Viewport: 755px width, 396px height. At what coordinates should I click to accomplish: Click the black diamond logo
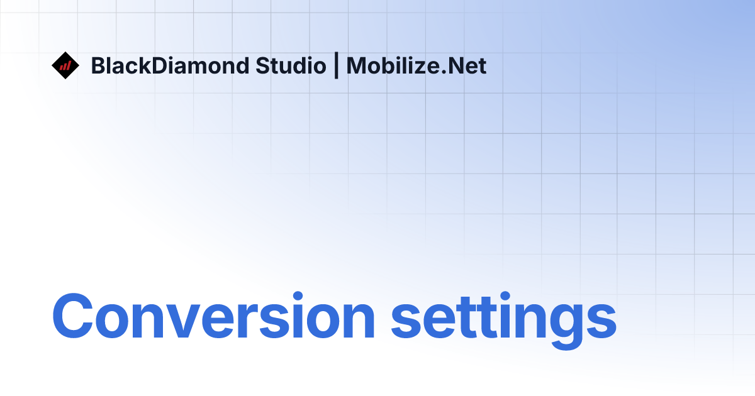(x=65, y=65)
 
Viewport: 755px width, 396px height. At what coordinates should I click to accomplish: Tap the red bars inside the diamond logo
(x=65, y=65)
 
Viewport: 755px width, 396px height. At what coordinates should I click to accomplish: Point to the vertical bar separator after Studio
(x=337, y=66)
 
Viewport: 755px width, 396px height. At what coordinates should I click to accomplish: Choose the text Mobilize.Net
(x=417, y=66)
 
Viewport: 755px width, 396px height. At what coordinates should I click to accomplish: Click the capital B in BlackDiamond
(x=98, y=66)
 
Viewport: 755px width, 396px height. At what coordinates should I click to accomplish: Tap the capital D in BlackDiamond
(x=175, y=66)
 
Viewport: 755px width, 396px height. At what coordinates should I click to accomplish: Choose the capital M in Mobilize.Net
(x=356, y=66)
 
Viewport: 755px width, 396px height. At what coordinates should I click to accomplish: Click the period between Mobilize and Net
(x=444, y=73)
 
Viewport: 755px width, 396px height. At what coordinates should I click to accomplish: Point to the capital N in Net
(x=456, y=66)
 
